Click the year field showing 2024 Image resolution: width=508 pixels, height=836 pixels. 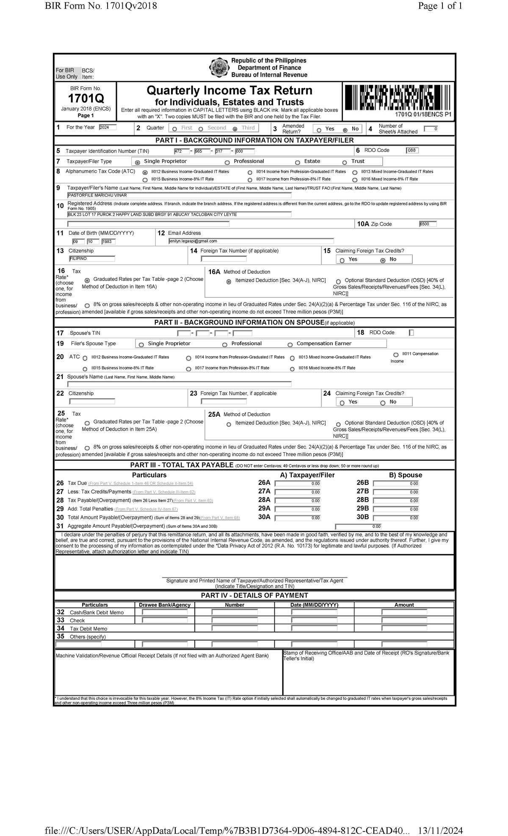point(108,127)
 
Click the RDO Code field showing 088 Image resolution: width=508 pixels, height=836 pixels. point(412,151)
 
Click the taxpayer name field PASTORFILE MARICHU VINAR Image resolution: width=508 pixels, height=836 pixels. point(179,195)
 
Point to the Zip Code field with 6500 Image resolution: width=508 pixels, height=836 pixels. point(428,224)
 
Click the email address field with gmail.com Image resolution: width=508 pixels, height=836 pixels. point(251,241)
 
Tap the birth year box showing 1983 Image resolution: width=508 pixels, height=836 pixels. point(108,242)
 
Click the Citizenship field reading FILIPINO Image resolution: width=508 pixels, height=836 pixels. point(92,258)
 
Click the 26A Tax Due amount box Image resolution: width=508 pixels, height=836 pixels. point(298,484)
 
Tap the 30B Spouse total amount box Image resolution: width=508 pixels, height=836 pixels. point(396,518)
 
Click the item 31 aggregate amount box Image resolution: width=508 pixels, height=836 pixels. point(358,527)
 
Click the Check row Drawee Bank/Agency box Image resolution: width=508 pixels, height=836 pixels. point(165,620)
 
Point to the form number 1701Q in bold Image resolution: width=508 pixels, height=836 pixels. point(86,99)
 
